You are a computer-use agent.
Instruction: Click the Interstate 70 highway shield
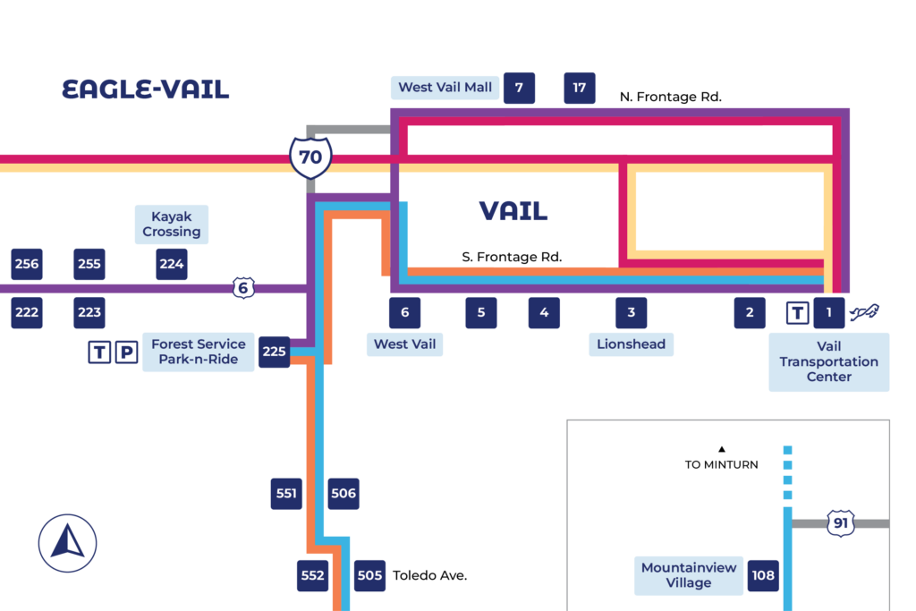(310, 157)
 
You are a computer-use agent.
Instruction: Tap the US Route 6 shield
(242, 288)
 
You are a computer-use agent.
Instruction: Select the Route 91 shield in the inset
(840, 523)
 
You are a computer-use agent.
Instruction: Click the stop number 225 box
(274, 352)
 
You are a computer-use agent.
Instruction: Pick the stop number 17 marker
(580, 88)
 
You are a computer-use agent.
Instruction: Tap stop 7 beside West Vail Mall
(519, 88)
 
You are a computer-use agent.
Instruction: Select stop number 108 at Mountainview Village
(763, 575)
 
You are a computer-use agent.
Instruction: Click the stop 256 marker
(27, 264)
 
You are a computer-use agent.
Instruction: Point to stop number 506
(343, 494)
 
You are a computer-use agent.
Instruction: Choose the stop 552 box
(313, 575)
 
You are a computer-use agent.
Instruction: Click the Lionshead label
(632, 344)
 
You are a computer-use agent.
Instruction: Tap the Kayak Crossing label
(172, 224)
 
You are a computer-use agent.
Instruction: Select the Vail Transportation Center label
(828, 361)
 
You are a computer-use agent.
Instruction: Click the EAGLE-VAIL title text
(145, 89)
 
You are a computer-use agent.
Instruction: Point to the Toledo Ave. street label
(430, 575)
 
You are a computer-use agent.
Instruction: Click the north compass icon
(68, 543)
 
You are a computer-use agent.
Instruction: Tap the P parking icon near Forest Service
(128, 352)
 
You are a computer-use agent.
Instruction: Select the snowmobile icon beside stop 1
(864, 312)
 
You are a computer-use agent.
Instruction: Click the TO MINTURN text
(721, 464)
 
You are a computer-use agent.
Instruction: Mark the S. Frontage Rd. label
(512, 257)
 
